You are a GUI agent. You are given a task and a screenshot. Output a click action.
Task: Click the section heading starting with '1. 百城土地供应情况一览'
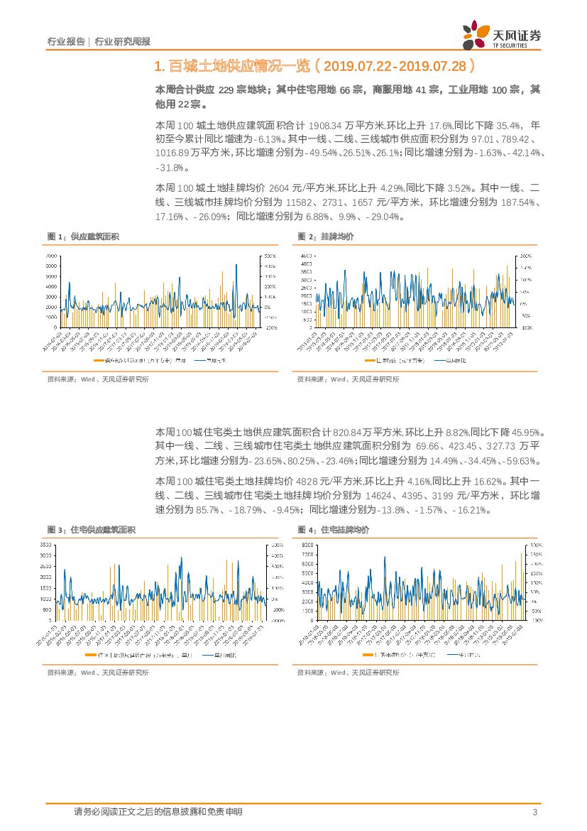point(313,67)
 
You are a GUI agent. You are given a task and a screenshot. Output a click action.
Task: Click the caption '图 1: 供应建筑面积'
point(83,237)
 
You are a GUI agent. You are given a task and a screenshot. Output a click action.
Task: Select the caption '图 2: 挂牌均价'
point(326,237)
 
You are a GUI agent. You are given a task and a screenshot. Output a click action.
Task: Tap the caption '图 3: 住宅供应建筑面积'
point(91,531)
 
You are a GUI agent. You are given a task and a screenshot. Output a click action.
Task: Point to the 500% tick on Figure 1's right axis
point(271,255)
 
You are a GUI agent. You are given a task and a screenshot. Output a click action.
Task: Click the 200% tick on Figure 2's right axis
point(526,255)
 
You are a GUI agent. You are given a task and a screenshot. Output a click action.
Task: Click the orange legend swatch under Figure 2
point(369,362)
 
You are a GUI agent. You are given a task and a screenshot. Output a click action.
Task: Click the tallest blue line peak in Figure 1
point(236,265)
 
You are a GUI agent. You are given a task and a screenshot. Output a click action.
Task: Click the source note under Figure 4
point(348,672)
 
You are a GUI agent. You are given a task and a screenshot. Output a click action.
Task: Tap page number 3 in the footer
point(534,813)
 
